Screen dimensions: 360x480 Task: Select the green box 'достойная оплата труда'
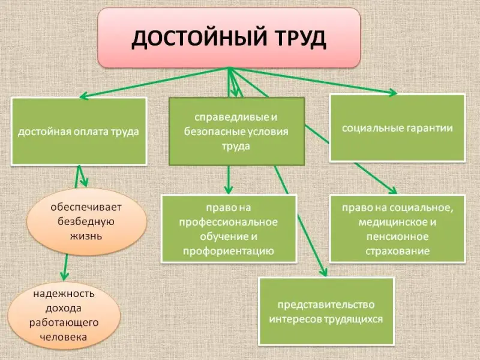click(x=79, y=131)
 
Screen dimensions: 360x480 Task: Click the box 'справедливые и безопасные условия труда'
click(x=237, y=131)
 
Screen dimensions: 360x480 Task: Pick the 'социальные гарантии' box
click(x=398, y=127)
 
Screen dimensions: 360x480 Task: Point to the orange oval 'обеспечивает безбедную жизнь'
click(x=86, y=221)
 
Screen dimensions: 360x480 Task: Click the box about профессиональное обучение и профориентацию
click(x=229, y=229)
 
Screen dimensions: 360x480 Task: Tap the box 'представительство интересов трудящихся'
click(x=326, y=310)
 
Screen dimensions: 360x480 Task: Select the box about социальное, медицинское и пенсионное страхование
click(x=398, y=229)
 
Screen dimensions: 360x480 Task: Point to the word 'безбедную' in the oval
click(x=85, y=221)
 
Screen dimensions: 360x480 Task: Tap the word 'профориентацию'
click(x=229, y=251)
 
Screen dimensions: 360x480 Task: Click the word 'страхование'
click(x=398, y=251)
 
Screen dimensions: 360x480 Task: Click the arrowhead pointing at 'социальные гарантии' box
click(x=392, y=92)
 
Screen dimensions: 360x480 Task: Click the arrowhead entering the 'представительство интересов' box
click(x=324, y=273)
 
